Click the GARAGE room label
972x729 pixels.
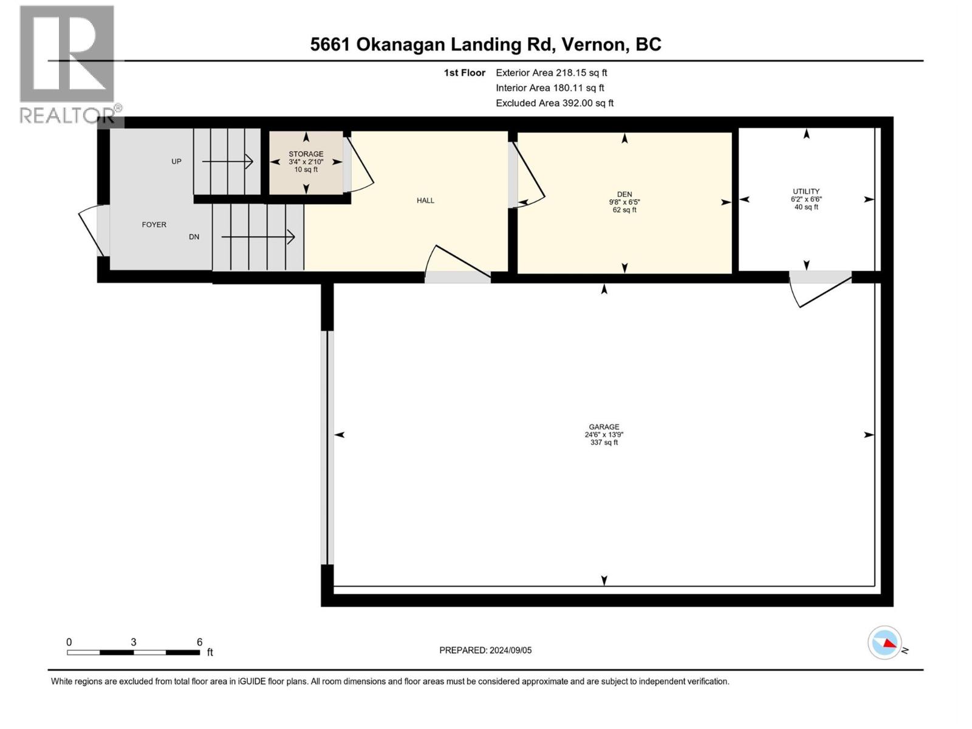pos(603,427)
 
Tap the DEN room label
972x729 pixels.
pos(624,194)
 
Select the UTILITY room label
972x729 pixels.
pos(806,191)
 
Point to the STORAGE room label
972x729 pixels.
pos(306,154)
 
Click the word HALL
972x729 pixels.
pos(425,200)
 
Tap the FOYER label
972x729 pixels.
pos(154,225)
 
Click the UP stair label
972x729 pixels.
pos(176,162)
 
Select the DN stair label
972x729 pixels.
pos(194,237)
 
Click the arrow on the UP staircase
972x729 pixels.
pos(228,162)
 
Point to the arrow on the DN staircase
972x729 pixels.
pos(258,237)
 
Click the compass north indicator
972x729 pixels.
pos(886,643)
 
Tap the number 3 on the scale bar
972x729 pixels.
pos(133,642)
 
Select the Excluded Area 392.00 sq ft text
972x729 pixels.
pos(554,103)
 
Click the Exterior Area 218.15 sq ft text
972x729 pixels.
pos(551,73)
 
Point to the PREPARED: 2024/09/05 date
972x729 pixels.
pos(485,650)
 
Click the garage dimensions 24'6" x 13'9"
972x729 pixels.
pos(603,435)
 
